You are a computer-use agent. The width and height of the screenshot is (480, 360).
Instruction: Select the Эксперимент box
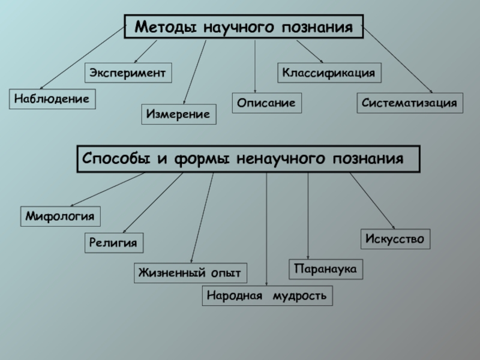128,73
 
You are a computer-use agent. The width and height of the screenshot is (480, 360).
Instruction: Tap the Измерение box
179,114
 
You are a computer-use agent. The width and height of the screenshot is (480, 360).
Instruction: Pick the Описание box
266,103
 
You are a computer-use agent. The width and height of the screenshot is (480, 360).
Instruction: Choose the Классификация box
329,73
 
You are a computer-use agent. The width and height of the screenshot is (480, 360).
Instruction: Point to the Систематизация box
410,103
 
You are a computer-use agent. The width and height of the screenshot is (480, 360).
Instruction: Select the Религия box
114,243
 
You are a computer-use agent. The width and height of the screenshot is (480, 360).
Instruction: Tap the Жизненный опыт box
190,273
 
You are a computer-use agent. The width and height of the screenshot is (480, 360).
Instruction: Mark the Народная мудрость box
267,296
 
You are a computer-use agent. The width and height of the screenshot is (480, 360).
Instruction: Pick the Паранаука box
326,269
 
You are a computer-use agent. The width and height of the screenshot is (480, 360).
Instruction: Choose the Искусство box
395,239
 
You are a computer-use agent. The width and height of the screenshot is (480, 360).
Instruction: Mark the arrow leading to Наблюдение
78,59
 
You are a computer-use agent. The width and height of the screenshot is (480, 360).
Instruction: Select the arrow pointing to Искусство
371,201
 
